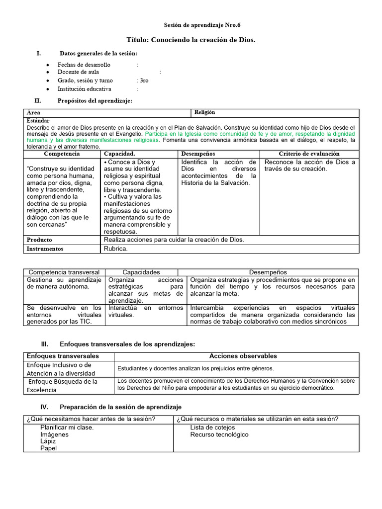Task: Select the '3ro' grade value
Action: [143, 81]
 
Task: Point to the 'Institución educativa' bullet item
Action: [84, 89]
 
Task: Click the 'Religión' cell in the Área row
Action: [204, 113]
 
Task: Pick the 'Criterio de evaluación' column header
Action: [309, 154]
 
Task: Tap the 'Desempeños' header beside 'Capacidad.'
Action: [198, 154]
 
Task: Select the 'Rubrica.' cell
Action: [115, 249]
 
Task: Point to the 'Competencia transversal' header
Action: [64, 272]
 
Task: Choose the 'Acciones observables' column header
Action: [243, 356]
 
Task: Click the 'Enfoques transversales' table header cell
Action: [63, 356]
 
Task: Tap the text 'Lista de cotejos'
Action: [212, 427]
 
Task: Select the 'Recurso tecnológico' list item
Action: [219, 435]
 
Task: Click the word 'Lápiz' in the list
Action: [48, 441]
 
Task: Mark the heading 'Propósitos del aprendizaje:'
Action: [95, 101]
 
